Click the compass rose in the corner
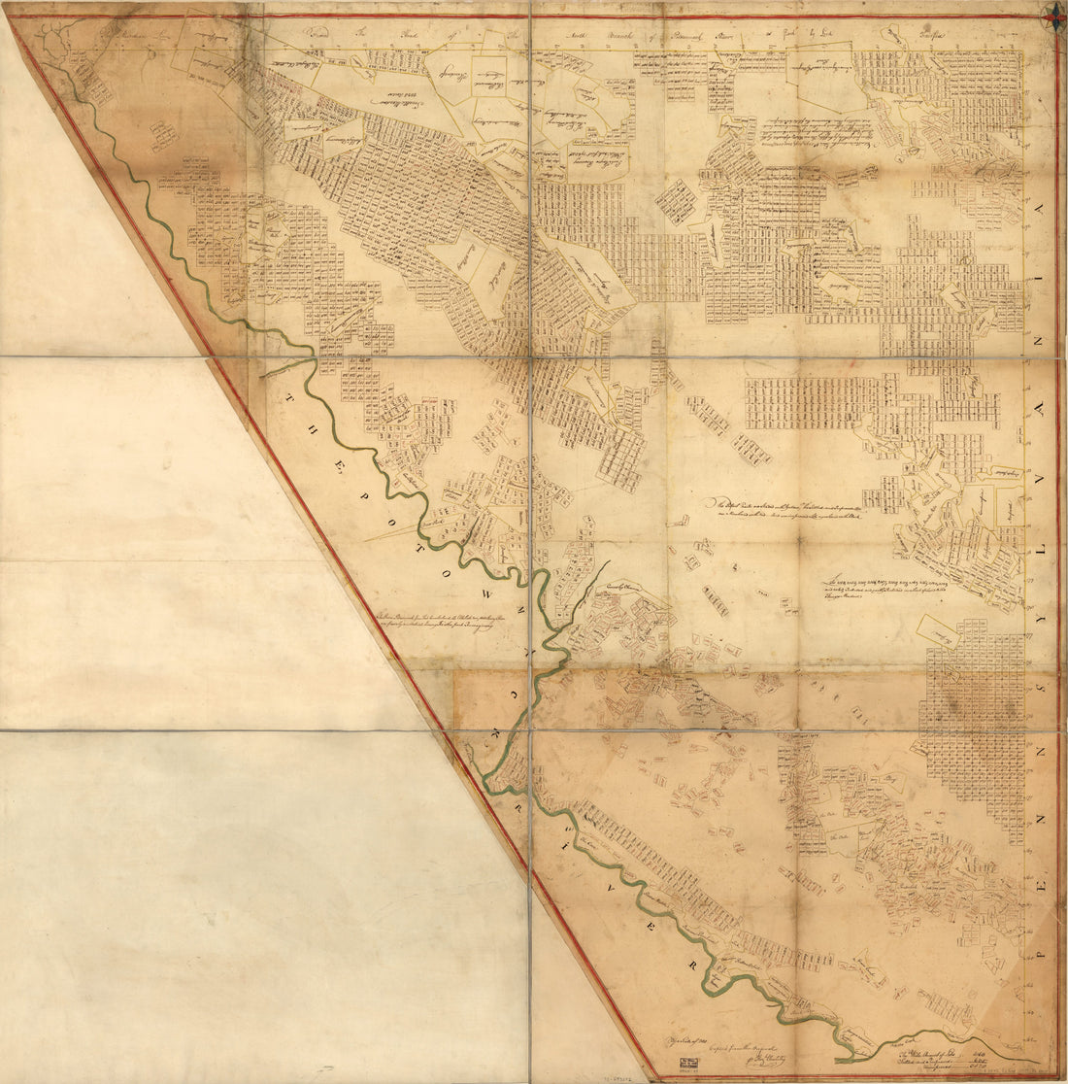(1053, 14)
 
